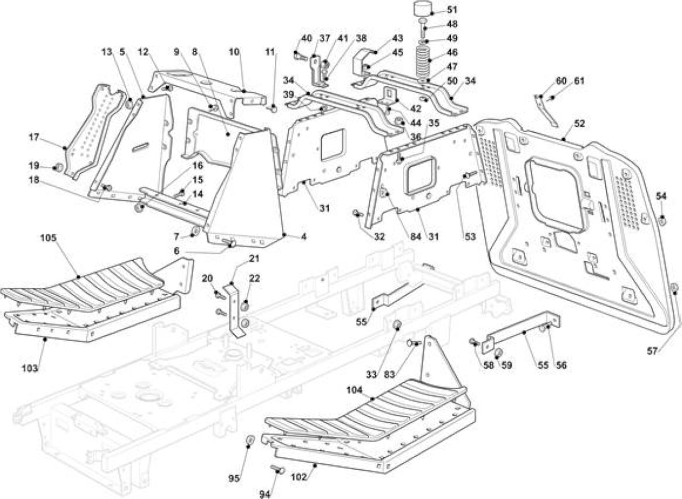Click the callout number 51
(x=452, y=10)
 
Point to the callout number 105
(x=48, y=237)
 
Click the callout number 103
(x=30, y=368)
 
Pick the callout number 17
(x=34, y=138)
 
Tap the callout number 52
(x=580, y=124)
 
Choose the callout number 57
(x=652, y=351)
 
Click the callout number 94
(x=265, y=495)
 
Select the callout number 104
(x=354, y=390)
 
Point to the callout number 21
(x=254, y=259)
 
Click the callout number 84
(x=416, y=236)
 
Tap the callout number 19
(x=34, y=165)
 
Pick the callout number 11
(x=270, y=52)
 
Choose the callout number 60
(x=561, y=81)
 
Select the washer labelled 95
(x=250, y=440)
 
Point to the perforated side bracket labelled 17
(x=95, y=131)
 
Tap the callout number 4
(x=304, y=236)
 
